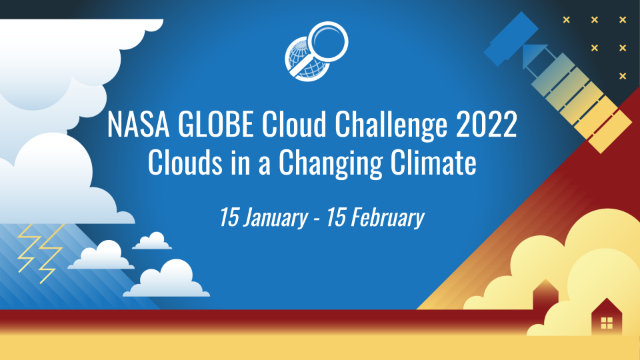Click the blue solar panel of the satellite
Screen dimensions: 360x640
click(511, 38)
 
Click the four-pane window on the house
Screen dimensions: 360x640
click(606, 323)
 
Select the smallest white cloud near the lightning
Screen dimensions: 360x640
click(153, 242)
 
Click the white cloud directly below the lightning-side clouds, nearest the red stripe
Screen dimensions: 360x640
click(175, 279)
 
